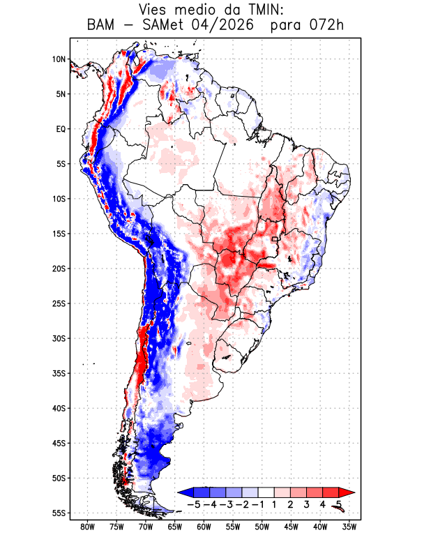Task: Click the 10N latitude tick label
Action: point(59,59)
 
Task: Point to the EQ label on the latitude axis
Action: point(61,129)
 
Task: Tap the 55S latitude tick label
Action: point(59,513)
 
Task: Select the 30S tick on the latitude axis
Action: point(59,338)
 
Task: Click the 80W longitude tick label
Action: point(88,527)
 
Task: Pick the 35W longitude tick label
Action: point(349,527)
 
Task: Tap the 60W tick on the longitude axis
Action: point(204,527)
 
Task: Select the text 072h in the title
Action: point(326,25)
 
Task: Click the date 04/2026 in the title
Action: point(222,25)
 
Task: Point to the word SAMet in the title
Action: point(163,25)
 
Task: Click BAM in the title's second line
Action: point(100,25)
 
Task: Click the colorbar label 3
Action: point(307,504)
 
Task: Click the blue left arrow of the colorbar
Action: point(186,492)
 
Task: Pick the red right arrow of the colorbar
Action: point(347,492)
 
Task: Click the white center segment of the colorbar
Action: point(266,492)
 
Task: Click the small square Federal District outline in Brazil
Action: point(274,239)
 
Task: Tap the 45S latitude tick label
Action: point(59,444)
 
